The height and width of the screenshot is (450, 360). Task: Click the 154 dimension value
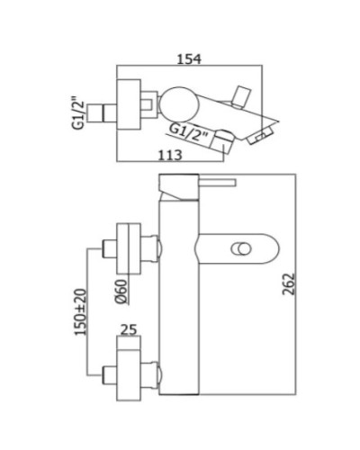click(x=187, y=58)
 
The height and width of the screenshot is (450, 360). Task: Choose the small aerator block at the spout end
click(x=258, y=136)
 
